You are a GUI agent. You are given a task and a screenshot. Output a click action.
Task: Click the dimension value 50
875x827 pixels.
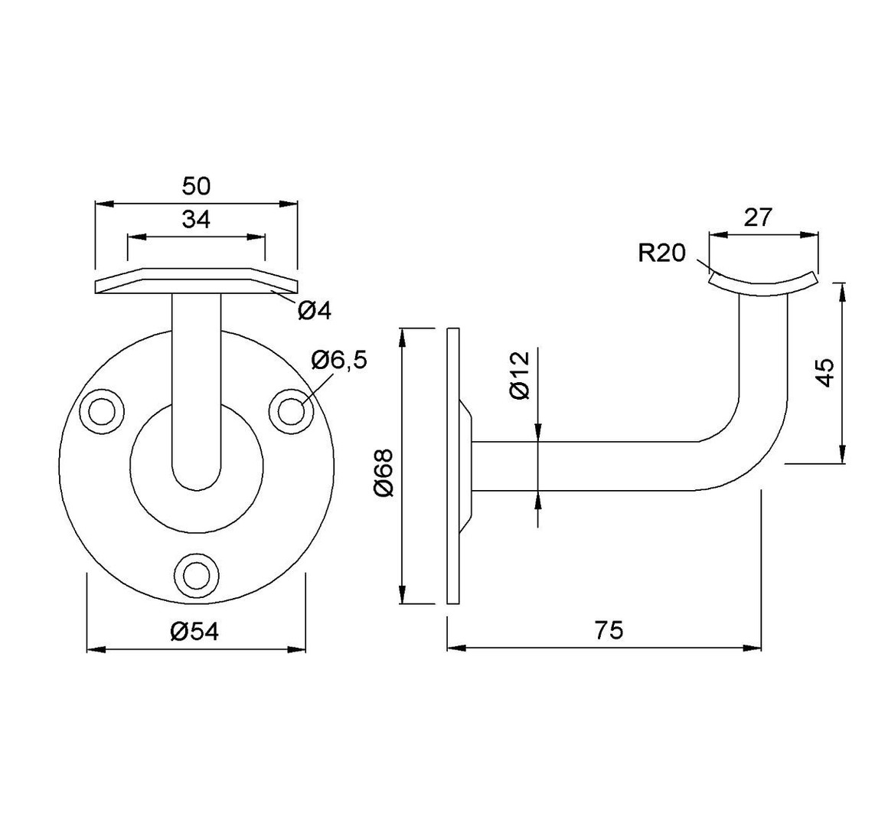[x=197, y=186]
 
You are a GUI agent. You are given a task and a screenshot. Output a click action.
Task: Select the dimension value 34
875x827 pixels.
[x=197, y=219]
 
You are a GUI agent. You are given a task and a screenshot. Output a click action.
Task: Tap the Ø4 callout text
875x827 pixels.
[x=315, y=309]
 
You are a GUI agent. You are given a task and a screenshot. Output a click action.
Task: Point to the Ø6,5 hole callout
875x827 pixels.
[x=339, y=360]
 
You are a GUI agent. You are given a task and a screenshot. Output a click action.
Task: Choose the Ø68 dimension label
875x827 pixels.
[x=384, y=472]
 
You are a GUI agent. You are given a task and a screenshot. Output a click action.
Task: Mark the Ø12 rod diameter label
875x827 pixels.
[x=520, y=375]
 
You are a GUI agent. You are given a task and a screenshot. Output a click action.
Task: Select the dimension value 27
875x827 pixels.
[x=758, y=217]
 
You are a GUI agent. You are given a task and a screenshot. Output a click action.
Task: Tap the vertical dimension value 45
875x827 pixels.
[x=824, y=371]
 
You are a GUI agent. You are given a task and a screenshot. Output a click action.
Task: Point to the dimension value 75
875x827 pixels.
[x=609, y=630]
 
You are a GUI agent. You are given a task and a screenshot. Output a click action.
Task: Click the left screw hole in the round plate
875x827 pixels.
[x=102, y=411]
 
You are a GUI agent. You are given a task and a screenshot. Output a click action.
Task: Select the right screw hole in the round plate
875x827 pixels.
[x=289, y=411]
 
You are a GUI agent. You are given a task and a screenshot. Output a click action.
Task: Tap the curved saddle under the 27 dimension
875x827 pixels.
[x=762, y=284]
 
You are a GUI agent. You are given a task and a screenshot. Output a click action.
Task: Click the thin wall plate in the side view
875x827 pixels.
[x=453, y=466]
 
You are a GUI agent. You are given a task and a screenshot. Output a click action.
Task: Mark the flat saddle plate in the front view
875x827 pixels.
[x=197, y=281]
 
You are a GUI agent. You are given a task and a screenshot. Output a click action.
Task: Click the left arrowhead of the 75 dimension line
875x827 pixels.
[x=456, y=648]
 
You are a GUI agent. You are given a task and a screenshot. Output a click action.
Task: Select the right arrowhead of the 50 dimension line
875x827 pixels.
[x=289, y=204]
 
